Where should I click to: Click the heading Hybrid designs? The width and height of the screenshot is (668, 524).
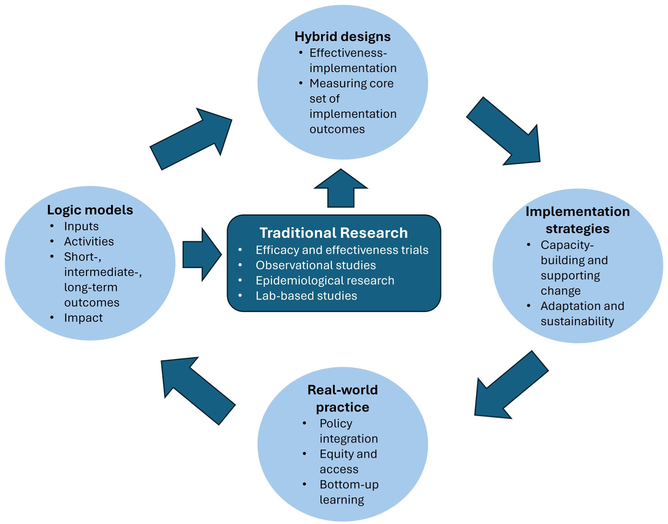tap(342, 37)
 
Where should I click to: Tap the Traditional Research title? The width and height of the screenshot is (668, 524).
tap(334, 233)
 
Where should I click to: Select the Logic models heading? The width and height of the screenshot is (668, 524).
tap(90, 210)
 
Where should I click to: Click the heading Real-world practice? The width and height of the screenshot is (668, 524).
tap(342, 398)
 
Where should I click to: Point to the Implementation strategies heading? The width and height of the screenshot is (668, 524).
tap(578, 220)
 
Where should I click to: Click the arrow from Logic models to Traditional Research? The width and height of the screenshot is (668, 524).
tap(202, 255)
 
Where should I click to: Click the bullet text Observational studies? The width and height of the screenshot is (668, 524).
tap(315, 265)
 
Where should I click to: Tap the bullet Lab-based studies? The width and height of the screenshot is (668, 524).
tap(306, 296)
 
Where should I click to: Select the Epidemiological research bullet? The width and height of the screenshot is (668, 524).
tap(325, 281)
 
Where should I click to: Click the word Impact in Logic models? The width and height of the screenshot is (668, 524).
tap(83, 318)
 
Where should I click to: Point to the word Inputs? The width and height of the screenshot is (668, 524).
tap(81, 226)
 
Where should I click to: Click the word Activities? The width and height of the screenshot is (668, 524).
tap(89, 241)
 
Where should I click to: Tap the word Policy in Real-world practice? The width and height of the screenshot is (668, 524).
tap(336, 424)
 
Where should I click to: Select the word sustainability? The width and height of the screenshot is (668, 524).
tap(577, 321)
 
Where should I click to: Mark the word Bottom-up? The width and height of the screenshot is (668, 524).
tap(349, 485)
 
